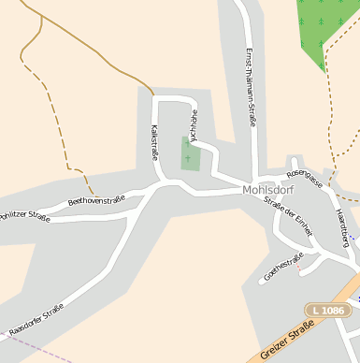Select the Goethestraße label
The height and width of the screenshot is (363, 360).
click(x=284, y=266)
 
